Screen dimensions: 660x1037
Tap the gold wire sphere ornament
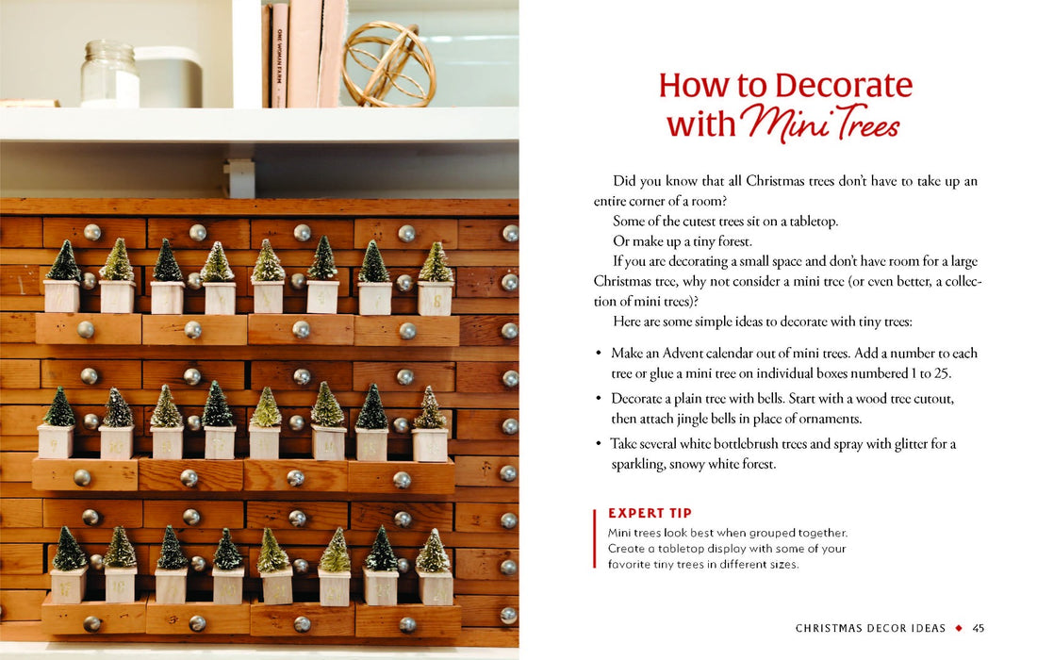pyautogui.click(x=388, y=64)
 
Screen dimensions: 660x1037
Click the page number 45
pyautogui.click(x=979, y=628)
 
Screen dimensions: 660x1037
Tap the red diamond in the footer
pyautogui.click(x=959, y=628)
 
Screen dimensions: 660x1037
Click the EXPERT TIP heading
pyautogui.click(x=650, y=514)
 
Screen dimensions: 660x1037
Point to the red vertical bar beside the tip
pyautogui.click(x=595, y=538)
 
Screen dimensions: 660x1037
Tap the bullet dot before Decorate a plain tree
pyautogui.click(x=599, y=400)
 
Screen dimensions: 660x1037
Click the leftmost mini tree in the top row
pyautogui.click(x=63, y=264)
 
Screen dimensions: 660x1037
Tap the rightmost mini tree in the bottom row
pyautogui.click(x=433, y=553)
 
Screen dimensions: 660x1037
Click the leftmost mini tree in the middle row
pyautogui.click(x=59, y=410)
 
